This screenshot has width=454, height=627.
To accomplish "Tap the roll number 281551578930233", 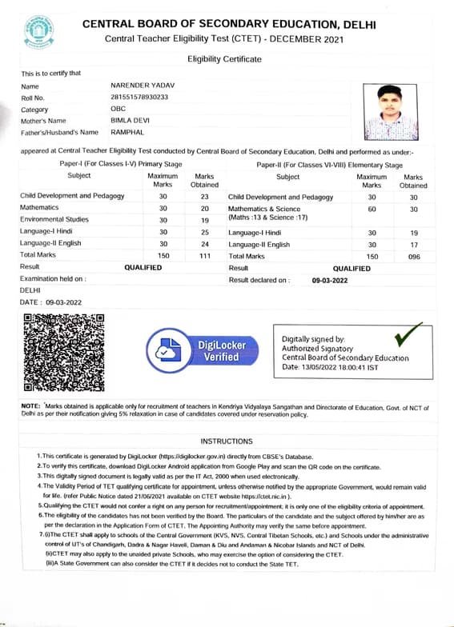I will [140, 97].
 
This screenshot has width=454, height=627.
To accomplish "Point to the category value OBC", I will [118, 109].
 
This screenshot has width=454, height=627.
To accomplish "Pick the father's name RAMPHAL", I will [127, 132].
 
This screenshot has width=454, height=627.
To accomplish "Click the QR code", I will [65, 353].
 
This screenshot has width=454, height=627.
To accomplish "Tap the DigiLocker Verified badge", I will [207, 350].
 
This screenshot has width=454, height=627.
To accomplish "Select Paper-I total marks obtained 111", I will [205, 256].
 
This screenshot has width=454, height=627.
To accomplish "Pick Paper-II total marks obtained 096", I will [413, 256].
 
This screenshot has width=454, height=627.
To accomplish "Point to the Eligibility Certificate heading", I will [224, 59].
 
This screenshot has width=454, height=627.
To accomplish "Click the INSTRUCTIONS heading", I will [227, 441].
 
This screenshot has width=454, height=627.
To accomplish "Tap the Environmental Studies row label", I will [54, 219].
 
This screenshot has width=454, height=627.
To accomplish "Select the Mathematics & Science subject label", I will [264, 208].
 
